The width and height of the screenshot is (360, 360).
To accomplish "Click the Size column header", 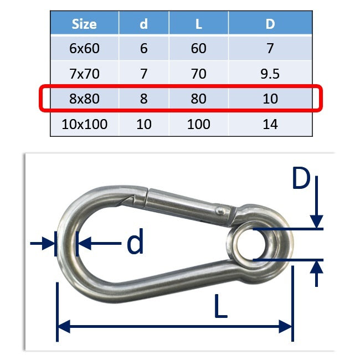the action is (x=84, y=24).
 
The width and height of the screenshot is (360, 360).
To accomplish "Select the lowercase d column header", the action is (x=144, y=24).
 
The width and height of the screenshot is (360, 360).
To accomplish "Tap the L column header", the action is (x=199, y=24).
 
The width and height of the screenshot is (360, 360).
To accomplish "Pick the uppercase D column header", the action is (x=270, y=24).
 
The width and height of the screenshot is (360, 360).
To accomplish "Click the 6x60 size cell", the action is (x=84, y=48).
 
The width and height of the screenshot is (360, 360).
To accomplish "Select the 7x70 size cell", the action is (x=84, y=74).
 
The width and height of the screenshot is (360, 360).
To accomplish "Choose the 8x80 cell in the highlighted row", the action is (x=84, y=99).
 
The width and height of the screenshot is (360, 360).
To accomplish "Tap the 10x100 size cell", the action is (x=84, y=124).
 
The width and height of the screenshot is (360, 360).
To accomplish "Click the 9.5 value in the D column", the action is (x=270, y=74).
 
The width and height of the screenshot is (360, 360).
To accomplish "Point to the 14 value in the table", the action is (x=270, y=124).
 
